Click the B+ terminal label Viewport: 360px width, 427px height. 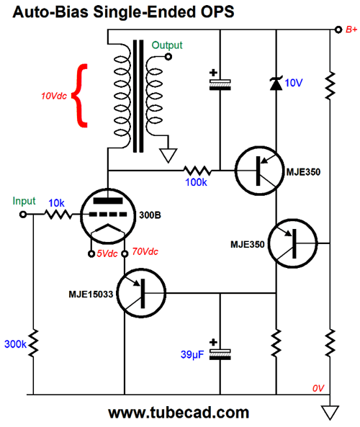coord(351,30)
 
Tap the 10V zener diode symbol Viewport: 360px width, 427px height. coord(276,84)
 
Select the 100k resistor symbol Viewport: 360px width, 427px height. coord(197,171)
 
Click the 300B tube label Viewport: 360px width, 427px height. coord(150,215)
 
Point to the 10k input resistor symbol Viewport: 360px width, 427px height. coord(58,215)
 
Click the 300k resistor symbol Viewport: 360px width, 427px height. coord(34,343)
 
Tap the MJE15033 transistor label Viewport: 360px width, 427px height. coord(91,294)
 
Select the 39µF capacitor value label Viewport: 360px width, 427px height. coord(192,354)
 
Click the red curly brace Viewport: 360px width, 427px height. coord(79,96)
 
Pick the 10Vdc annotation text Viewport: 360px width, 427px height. coord(54,96)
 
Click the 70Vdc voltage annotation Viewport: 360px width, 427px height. coord(145,251)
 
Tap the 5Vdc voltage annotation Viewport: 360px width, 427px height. coord(107,253)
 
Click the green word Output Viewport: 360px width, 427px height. coord(167,45)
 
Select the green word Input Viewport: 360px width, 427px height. coord(24,201)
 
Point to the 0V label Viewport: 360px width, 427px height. coord(318,388)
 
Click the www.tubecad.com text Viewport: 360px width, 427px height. coord(179,413)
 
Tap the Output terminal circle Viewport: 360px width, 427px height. coord(168,57)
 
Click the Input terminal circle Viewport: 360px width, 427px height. coord(23,215)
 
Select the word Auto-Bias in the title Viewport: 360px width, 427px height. coord(50,12)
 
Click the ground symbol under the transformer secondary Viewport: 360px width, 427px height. coord(168,156)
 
